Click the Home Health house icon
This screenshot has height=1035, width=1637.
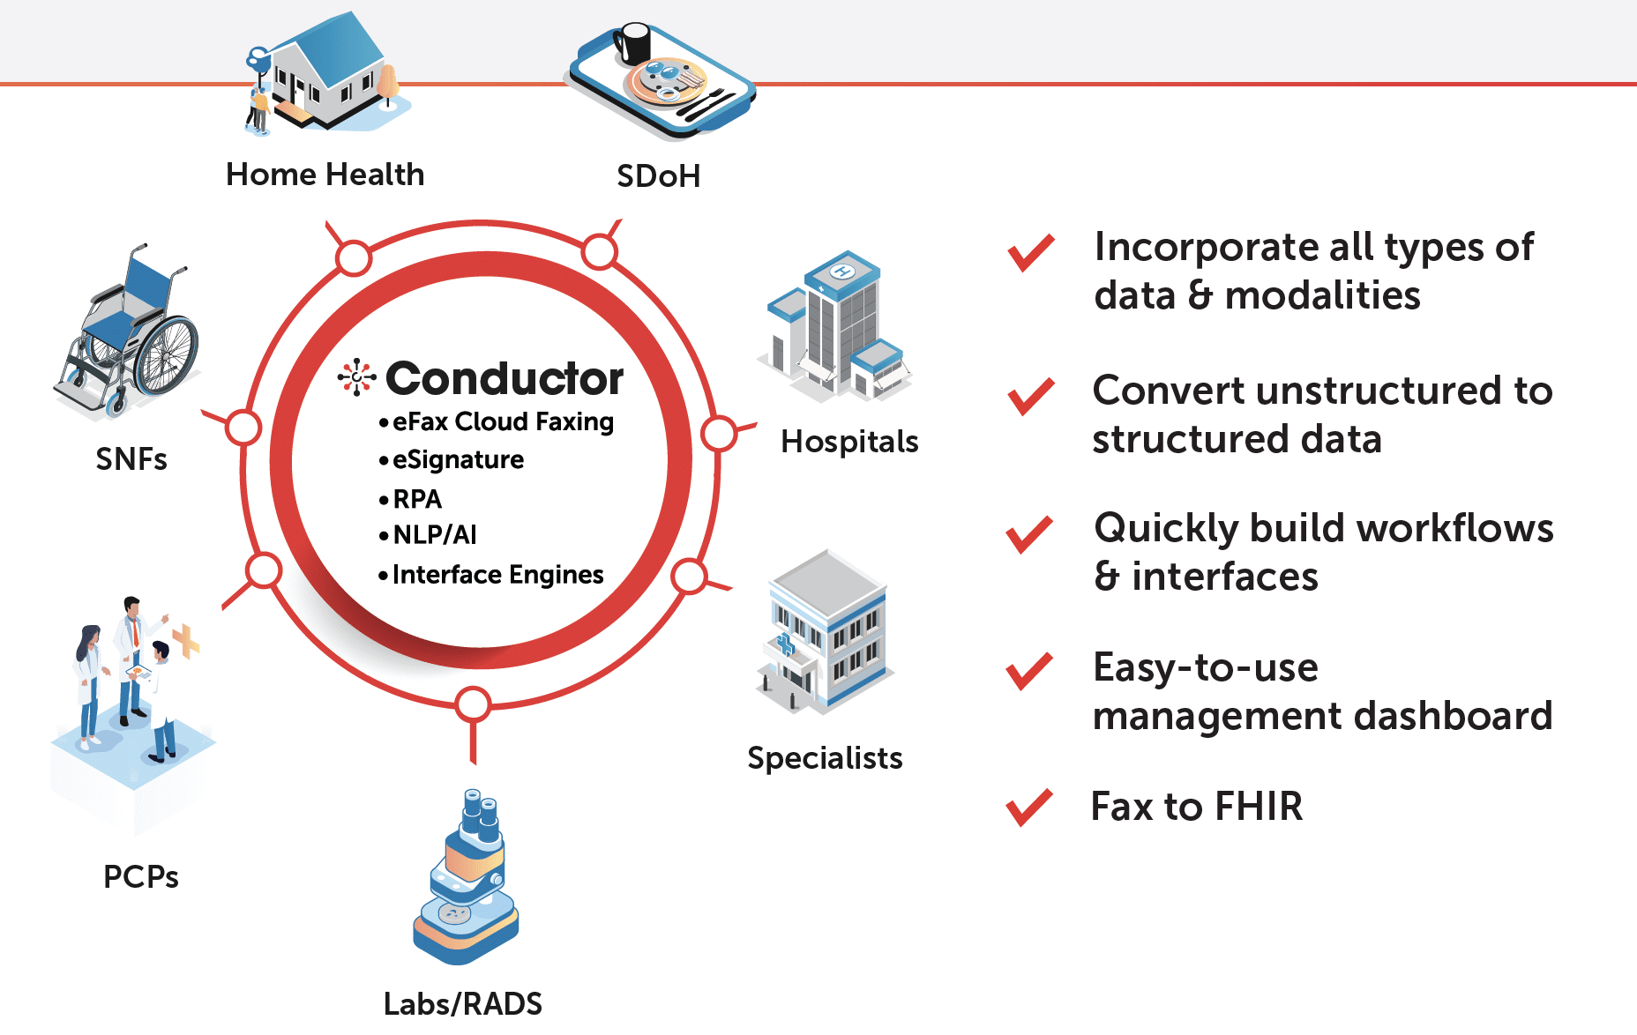[x=326, y=74]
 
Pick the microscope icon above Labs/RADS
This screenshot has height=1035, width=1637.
[x=466, y=876]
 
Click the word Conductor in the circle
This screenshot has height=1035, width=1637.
[x=505, y=379]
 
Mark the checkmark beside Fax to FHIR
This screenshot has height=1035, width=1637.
[x=1029, y=807]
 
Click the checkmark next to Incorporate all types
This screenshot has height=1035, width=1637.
[x=1031, y=253]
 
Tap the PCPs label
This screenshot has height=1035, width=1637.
[x=141, y=877]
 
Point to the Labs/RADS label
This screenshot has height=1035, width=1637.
[x=463, y=1004]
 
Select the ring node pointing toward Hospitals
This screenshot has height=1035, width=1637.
[x=720, y=434]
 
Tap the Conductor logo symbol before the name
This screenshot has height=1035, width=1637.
[x=357, y=377]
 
